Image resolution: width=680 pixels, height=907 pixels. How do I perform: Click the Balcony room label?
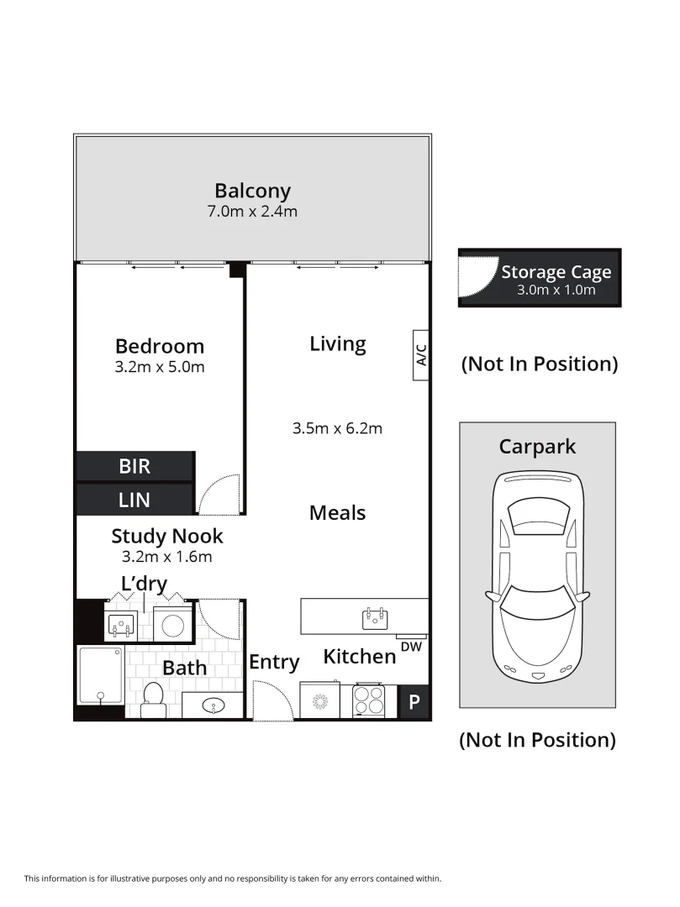(252, 191)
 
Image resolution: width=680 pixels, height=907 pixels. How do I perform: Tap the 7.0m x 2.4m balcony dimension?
(252, 212)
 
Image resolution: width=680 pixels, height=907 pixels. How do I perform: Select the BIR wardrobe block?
(135, 466)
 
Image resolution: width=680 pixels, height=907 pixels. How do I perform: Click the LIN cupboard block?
(135, 499)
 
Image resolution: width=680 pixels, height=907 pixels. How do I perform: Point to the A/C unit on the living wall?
(421, 355)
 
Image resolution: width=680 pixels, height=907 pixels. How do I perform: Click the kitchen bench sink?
(375, 619)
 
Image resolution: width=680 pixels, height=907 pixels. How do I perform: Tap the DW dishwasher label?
(412, 647)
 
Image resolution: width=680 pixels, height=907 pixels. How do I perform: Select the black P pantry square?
(414, 701)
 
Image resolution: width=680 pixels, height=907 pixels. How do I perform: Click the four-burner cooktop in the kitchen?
(369, 700)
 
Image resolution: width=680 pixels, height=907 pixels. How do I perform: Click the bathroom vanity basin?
(213, 705)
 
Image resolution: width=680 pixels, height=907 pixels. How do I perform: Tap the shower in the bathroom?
(101, 675)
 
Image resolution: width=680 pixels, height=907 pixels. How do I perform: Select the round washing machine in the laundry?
(173, 626)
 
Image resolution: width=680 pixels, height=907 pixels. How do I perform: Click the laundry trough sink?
(122, 623)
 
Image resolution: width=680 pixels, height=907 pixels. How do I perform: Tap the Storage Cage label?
(556, 272)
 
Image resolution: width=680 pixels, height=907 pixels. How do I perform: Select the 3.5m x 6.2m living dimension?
(337, 428)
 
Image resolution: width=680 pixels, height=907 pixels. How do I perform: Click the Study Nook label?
(167, 536)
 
